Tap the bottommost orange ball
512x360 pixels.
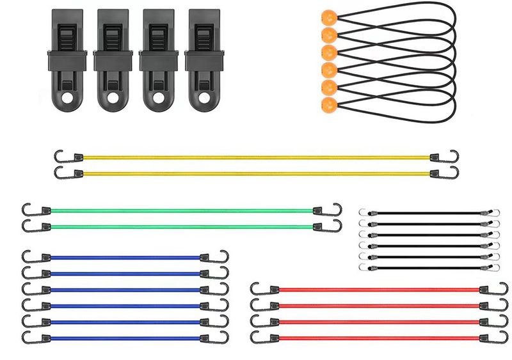(328, 105)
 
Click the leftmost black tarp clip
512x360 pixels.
(67, 59)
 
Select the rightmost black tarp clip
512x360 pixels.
(204, 59)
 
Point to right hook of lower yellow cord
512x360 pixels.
(454, 173)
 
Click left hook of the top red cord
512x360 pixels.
(256, 289)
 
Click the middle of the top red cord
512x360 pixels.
(378, 290)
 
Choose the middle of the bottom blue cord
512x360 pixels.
(125, 338)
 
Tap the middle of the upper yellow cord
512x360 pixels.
(256, 157)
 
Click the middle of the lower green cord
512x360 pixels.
(182, 226)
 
